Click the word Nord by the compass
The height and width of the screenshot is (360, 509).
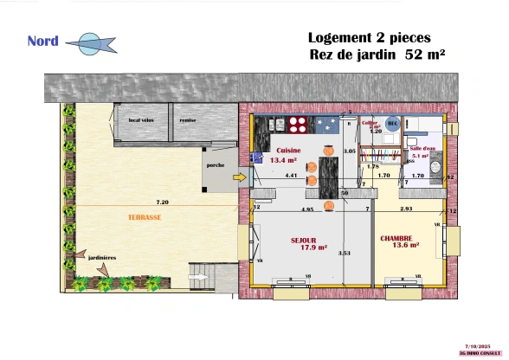pos(42,41)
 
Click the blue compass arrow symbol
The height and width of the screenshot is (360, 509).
pos(90,43)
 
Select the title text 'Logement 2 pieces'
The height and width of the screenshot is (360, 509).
pos(369,38)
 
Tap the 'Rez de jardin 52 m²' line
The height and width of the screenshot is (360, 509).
pos(377,55)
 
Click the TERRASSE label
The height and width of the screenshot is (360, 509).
pos(144,218)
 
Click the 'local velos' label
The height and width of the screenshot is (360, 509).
pos(140,120)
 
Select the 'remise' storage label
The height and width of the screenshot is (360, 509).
pos(187,120)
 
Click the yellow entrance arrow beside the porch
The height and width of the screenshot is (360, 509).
pos(240,178)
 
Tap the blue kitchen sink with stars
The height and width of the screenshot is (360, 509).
pos(328,125)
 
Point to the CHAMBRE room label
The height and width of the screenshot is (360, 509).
pos(396,238)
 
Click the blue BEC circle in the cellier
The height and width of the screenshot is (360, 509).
pos(392,124)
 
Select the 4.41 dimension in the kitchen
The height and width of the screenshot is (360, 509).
pos(291,176)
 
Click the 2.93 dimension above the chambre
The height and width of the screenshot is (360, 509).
pos(406,209)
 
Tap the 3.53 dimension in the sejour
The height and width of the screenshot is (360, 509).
pos(344,253)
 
